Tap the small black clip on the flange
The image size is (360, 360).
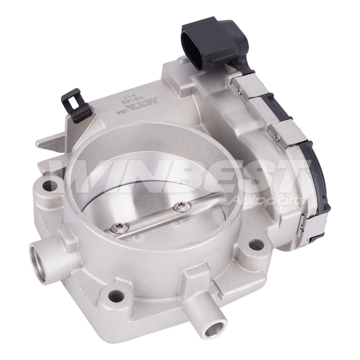point(75,105)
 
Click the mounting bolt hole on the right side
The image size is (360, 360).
point(255,245)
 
